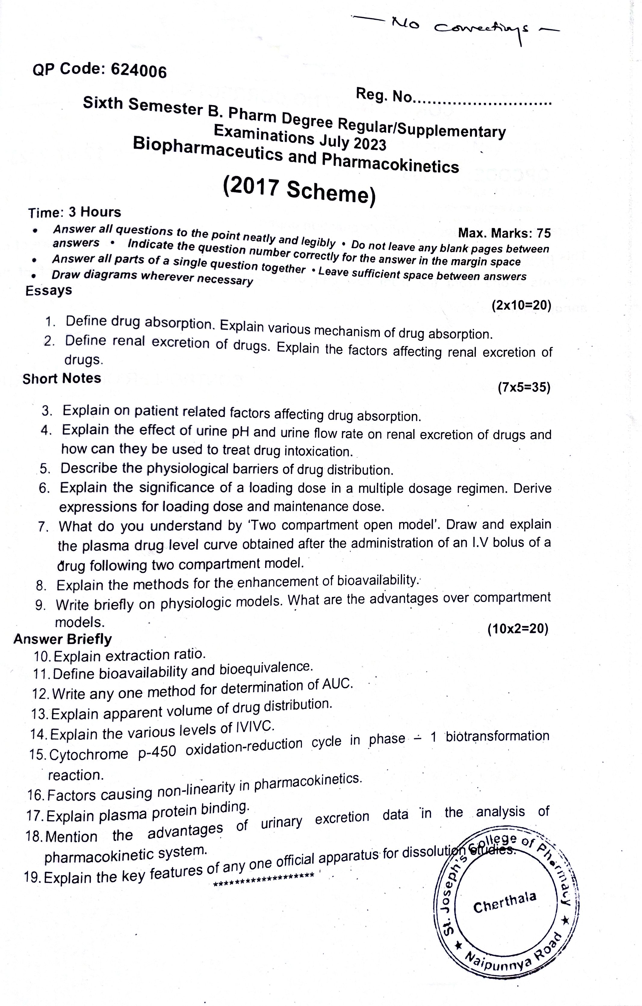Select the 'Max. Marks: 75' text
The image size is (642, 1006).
click(504, 233)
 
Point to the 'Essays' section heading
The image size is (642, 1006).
click(48, 290)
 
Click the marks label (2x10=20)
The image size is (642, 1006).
click(521, 305)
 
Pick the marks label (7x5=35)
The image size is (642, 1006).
click(524, 388)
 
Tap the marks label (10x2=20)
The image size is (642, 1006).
click(518, 629)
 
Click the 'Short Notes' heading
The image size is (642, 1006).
click(62, 379)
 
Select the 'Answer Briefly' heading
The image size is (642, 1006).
click(63, 639)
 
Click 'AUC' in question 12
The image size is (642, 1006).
click(338, 684)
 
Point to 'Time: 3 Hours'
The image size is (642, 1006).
click(75, 212)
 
